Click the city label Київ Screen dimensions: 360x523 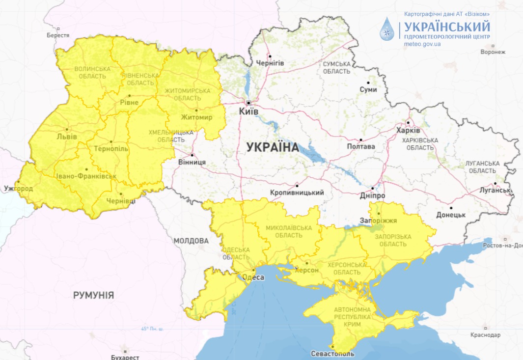click(248, 112)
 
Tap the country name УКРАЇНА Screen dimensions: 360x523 click(273, 147)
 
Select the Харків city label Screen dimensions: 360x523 click(408, 131)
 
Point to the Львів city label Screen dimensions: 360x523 click(67, 137)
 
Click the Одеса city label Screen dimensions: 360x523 click(253, 277)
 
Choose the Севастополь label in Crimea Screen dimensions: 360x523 click(332, 354)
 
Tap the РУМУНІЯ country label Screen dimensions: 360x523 click(93, 295)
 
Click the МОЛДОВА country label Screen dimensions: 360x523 click(191, 241)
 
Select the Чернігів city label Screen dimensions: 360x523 click(270, 63)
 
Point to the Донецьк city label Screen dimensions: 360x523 click(451, 215)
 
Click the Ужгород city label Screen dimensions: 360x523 click(18, 189)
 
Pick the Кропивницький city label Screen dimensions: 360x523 click(297, 193)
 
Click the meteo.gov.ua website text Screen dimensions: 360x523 click(422, 44)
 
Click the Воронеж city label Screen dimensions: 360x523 click(493, 52)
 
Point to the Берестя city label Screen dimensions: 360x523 click(58, 35)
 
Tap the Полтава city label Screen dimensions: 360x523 click(361, 146)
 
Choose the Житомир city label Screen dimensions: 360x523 click(196, 117)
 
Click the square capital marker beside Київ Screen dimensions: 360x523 click(249, 103)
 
